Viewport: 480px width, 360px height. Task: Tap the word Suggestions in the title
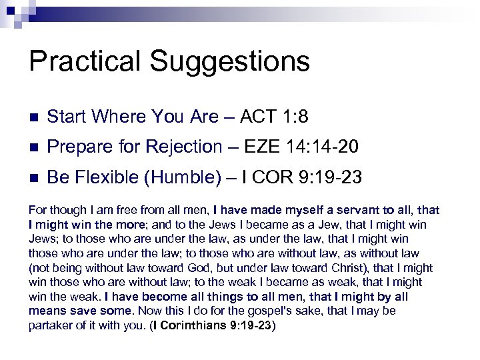pos(230,62)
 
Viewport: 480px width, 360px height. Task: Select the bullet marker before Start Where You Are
pos(34,117)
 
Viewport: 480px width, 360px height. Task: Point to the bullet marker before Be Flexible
pos(34,179)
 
